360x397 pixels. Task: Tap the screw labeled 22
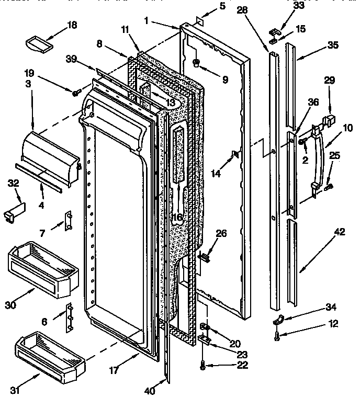click(204, 367)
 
